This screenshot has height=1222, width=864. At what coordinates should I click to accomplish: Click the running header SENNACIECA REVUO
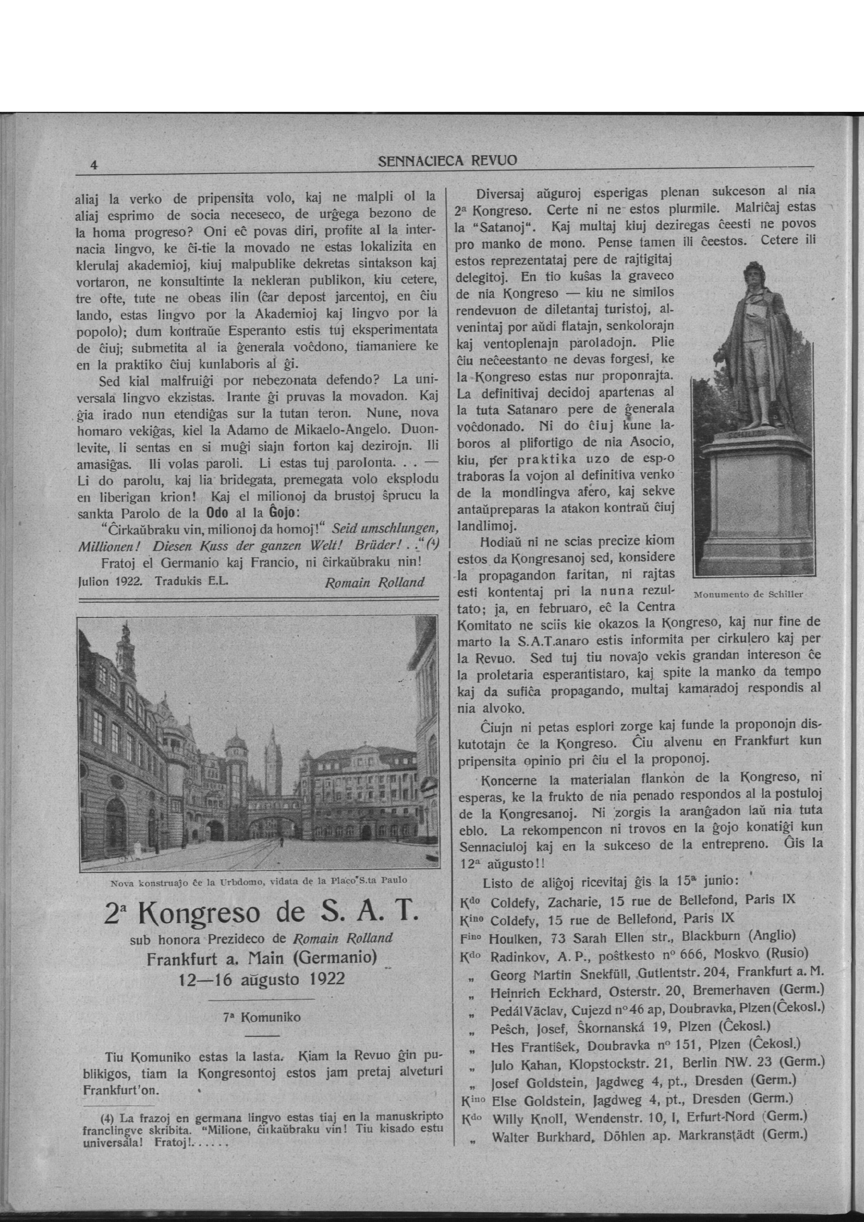point(447,160)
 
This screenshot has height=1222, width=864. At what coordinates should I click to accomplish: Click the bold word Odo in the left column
point(217,513)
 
